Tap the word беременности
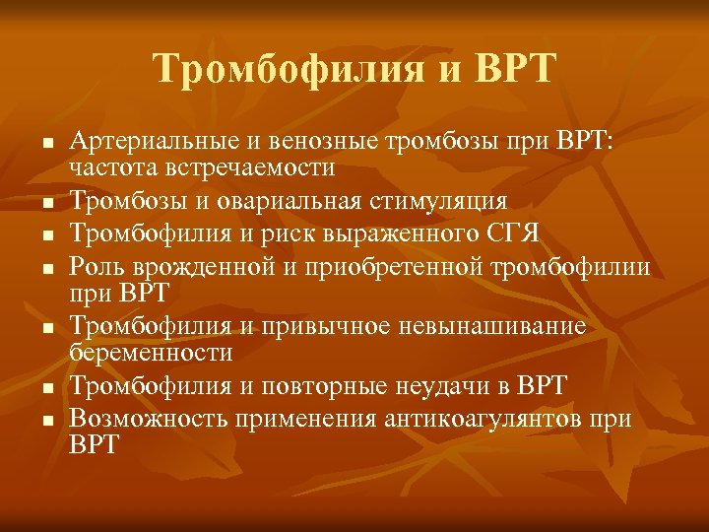click(x=151, y=351)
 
